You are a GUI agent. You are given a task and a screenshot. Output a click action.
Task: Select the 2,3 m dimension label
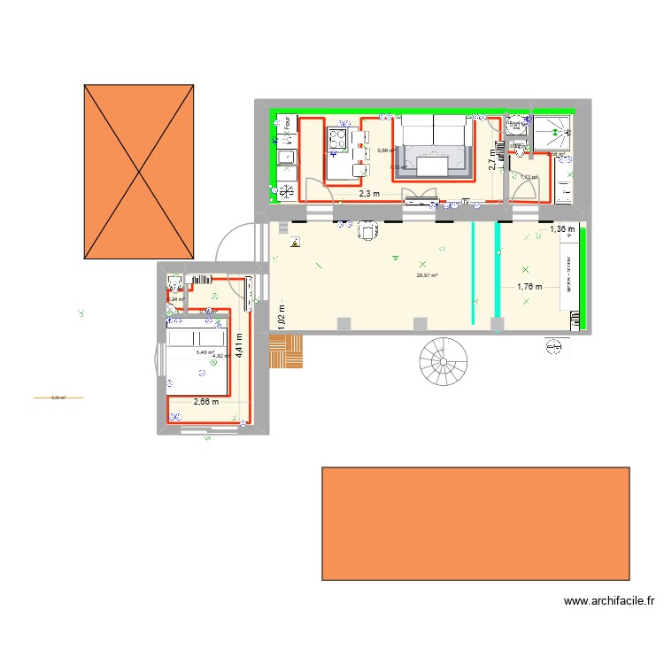[x=369, y=194]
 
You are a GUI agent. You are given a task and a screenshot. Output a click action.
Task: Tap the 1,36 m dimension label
[x=562, y=230]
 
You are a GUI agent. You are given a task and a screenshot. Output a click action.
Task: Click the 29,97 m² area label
[x=427, y=275]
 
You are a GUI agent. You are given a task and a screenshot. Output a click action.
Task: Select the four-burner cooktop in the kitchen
[x=338, y=138]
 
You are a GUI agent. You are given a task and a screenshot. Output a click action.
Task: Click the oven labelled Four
[x=287, y=126]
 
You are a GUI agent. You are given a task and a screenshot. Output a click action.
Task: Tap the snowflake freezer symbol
[x=287, y=188]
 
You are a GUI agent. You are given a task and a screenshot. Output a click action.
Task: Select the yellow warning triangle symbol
[x=295, y=241]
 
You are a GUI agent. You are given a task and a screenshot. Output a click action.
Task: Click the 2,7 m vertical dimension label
[x=493, y=159]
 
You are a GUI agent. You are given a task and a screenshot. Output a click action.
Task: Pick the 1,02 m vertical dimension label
[x=281, y=317]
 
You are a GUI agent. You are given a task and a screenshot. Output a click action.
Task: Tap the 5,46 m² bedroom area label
[x=205, y=352]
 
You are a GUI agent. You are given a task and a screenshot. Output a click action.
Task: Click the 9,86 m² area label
[x=386, y=151]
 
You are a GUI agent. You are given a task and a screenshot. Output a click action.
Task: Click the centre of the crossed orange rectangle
[x=139, y=172]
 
